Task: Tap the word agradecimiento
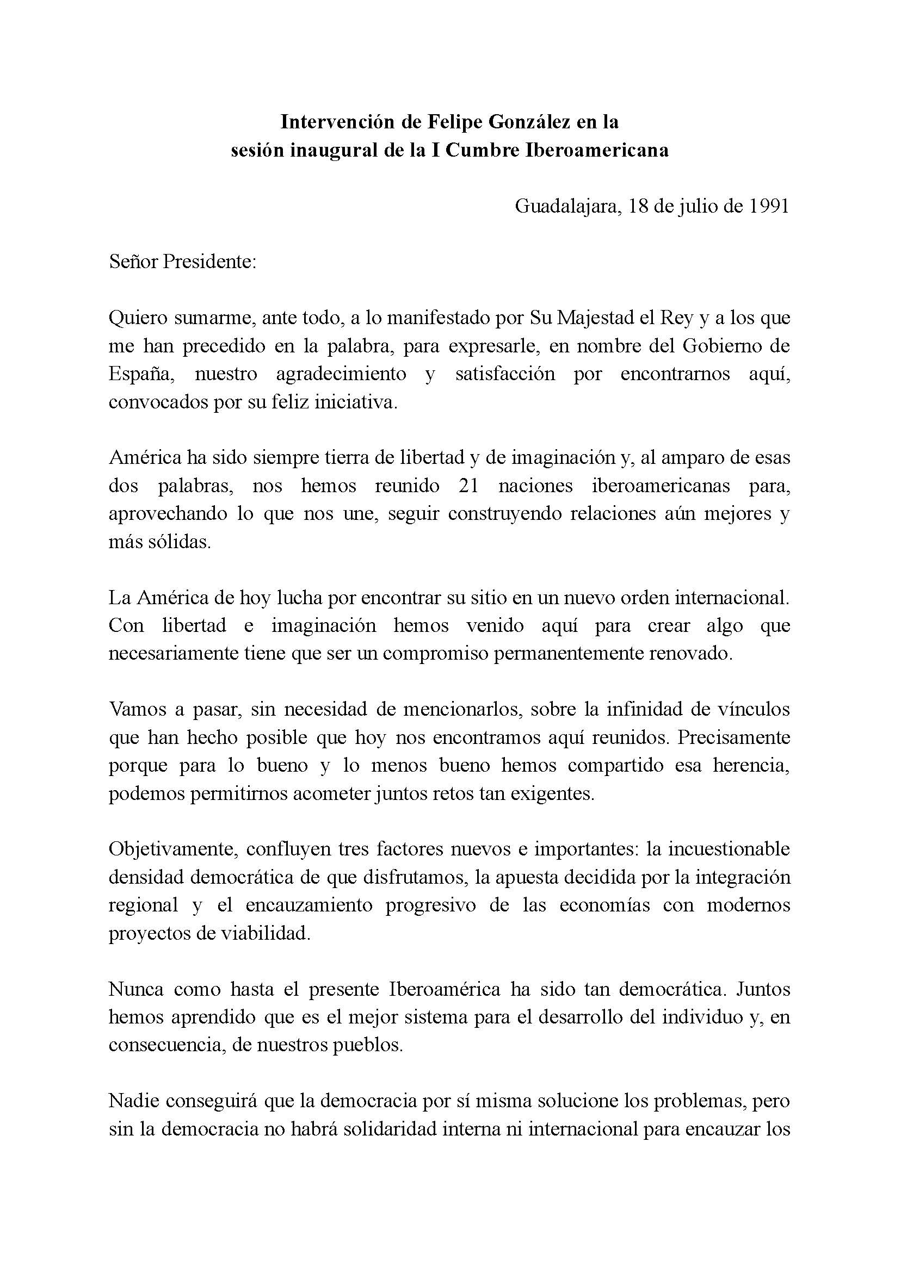tap(341, 374)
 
